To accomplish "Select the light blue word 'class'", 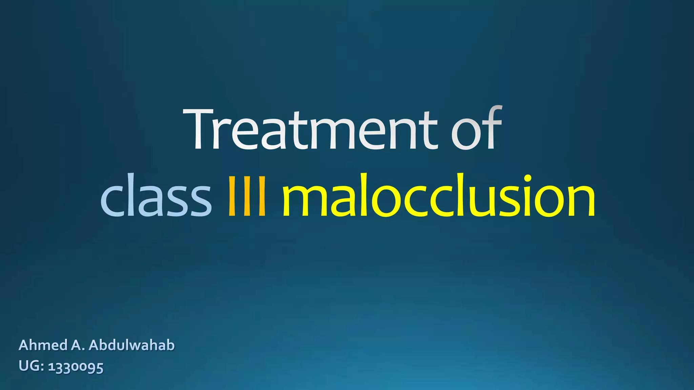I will tap(156, 196).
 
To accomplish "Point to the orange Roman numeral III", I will tap(247, 196).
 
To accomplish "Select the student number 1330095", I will tap(76, 367).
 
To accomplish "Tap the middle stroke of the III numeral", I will tap(247, 196).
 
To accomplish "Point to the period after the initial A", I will tap(83, 350).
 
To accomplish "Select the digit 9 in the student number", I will tap(90, 368).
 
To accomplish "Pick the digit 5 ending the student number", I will tap(99, 368).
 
